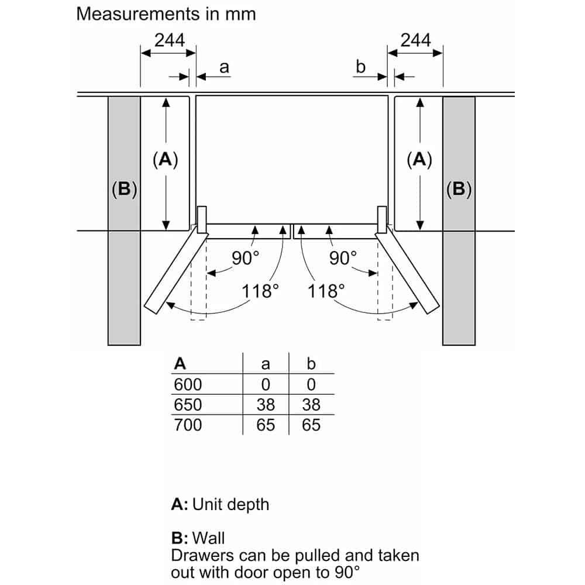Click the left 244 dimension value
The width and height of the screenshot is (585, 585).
point(169,40)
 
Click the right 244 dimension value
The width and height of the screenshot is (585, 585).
point(415,40)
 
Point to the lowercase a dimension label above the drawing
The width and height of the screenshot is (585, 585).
point(224,68)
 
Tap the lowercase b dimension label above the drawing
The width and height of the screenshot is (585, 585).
point(360,67)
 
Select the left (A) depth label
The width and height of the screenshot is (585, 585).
point(165,159)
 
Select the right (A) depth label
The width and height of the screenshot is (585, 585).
point(419,159)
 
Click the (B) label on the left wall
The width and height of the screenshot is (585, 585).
point(124,189)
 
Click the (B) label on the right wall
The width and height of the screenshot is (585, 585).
point(459,189)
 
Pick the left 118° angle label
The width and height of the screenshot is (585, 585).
point(260,290)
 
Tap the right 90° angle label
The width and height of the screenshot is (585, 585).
point(343,258)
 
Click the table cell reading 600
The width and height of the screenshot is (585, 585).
point(188,384)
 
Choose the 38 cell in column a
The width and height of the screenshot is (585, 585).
point(266,404)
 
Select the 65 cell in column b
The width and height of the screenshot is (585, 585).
point(311,425)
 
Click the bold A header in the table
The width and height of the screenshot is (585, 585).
point(180,364)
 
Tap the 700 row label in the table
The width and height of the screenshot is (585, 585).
point(188,425)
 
